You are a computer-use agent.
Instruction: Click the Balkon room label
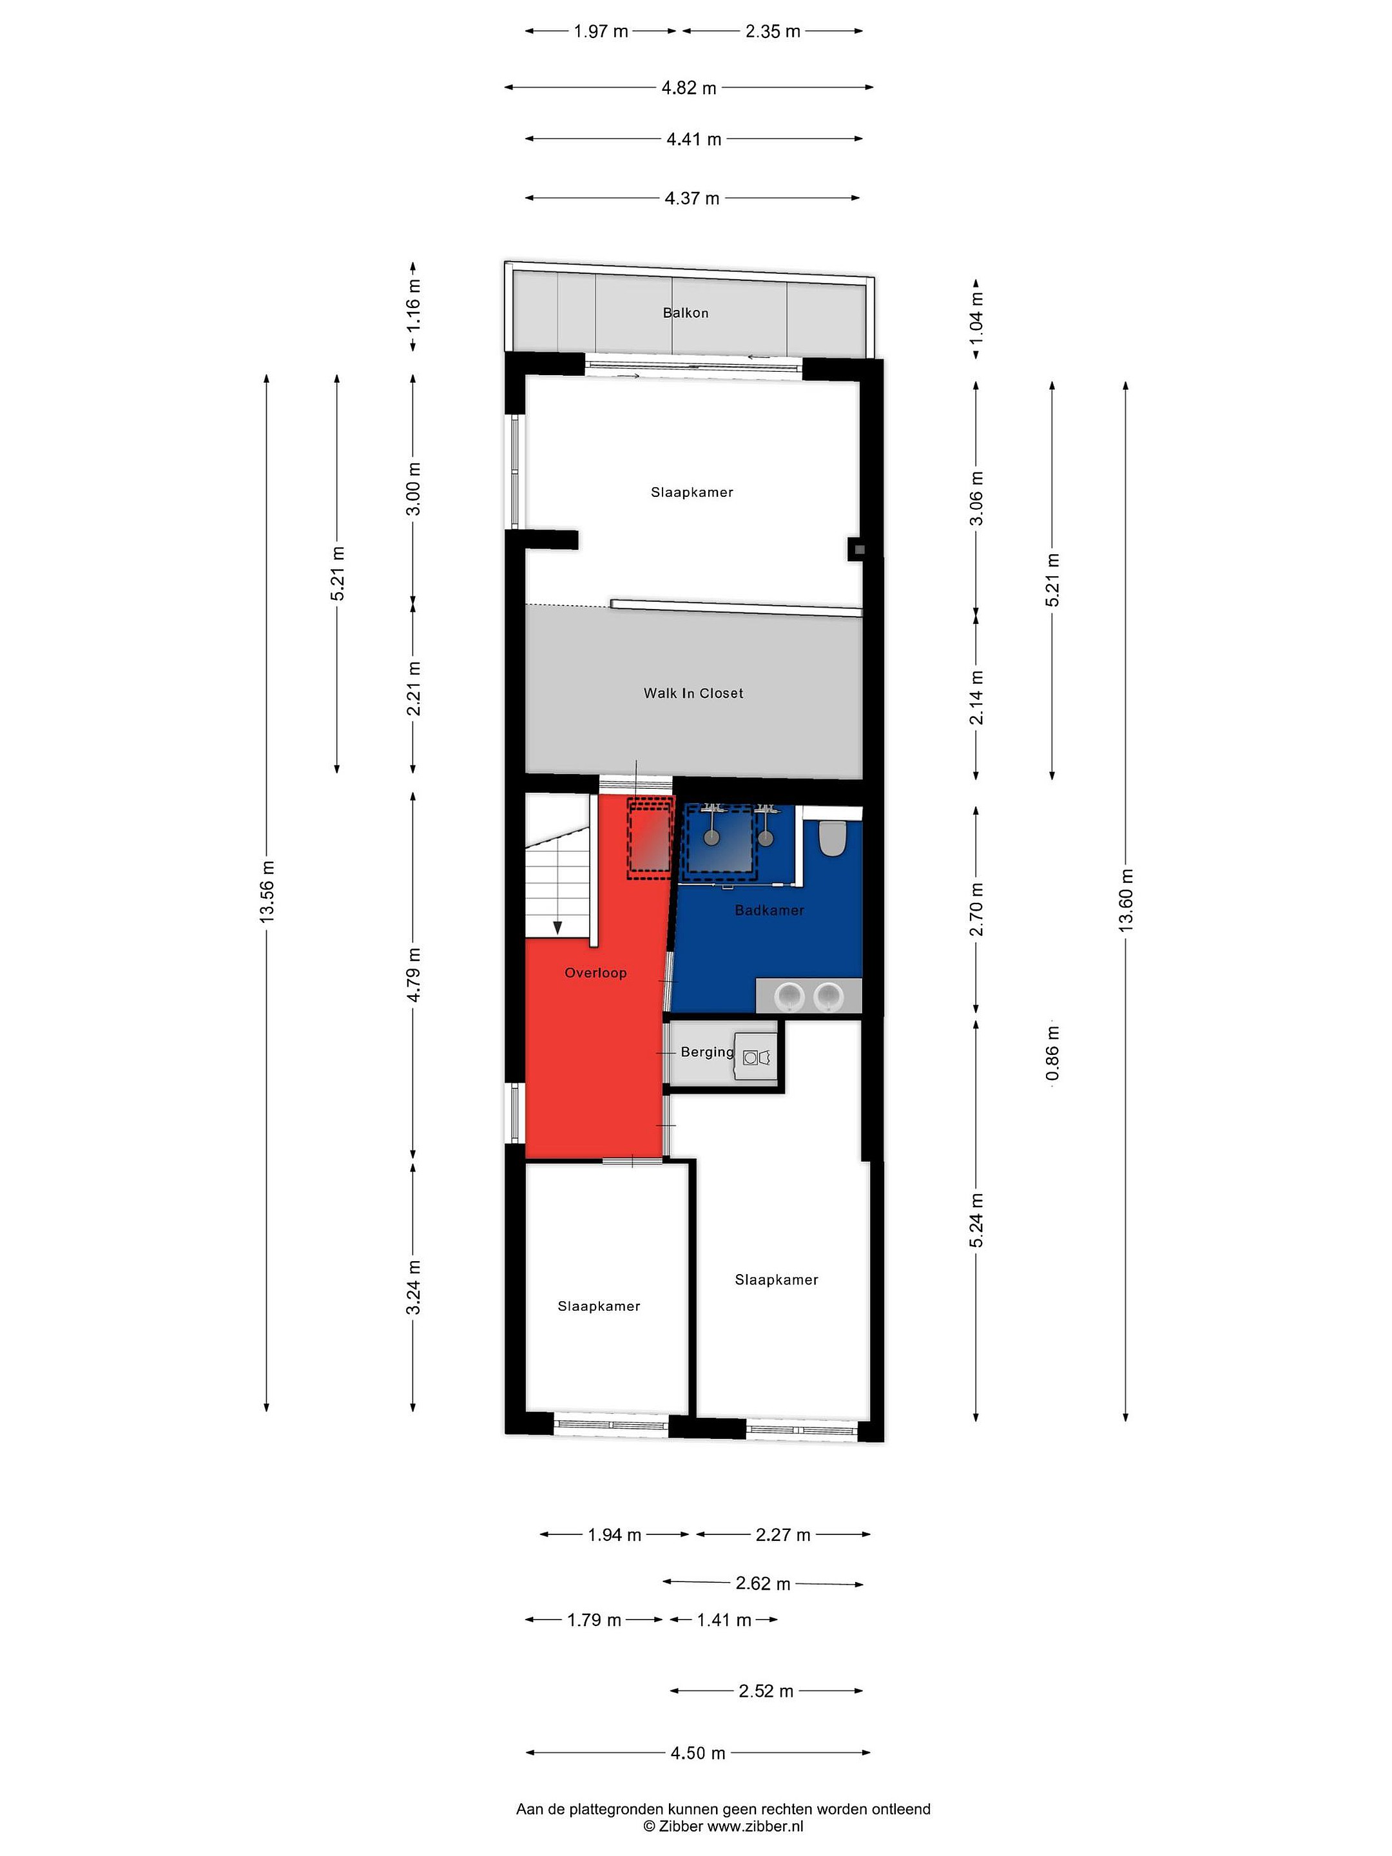(x=686, y=313)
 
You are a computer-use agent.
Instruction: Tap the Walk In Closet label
(x=693, y=693)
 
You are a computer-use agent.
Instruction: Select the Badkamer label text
(x=769, y=911)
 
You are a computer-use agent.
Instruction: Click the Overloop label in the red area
(x=595, y=973)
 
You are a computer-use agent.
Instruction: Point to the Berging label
(x=706, y=1052)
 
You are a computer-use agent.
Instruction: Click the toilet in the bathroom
(x=833, y=837)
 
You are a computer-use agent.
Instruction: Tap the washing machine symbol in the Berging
(x=757, y=1058)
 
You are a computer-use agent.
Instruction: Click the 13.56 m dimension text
(x=267, y=892)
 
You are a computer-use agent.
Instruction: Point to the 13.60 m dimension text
(x=1126, y=900)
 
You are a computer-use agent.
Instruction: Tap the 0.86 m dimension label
(x=1053, y=1054)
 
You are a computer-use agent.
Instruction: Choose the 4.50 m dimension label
(x=698, y=1753)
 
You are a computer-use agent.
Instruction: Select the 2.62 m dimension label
(x=764, y=1583)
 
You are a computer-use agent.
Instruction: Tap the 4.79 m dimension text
(x=414, y=975)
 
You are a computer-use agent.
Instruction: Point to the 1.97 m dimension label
(x=601, y=32)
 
